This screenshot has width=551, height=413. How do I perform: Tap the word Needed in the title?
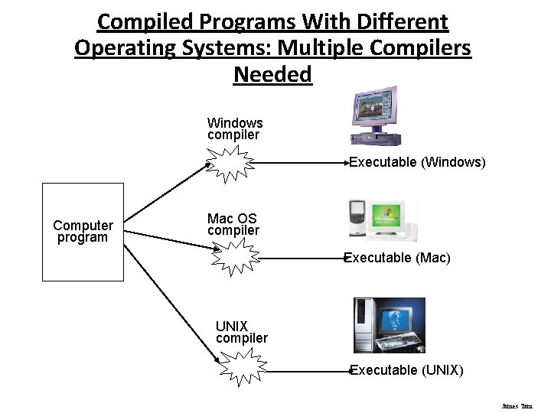(272, 74)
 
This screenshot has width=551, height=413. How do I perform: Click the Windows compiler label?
(234, 128)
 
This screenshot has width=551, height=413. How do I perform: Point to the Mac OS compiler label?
(233, 224)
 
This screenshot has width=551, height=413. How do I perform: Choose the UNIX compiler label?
(241, 332)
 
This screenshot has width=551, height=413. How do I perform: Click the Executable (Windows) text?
(417, 162)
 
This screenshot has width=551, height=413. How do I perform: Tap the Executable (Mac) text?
(397, 258)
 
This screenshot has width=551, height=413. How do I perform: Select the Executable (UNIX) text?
(406, 370)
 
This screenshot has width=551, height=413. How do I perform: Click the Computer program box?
(83, 232)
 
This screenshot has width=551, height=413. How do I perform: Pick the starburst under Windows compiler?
(233, 164)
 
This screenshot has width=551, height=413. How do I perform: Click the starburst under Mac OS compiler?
(236, 256)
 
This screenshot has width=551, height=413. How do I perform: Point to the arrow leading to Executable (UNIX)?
(306, 370)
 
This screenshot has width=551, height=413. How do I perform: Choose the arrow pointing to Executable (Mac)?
(303, 258)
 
